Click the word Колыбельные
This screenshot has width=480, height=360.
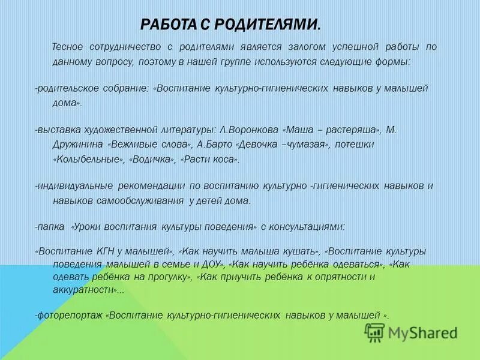pyautogui.click(x=88, y=160)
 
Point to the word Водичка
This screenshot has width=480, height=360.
pyautogui.click(x=153, y=160)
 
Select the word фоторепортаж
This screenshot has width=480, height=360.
pyautogui.click(x=70, y=315)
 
